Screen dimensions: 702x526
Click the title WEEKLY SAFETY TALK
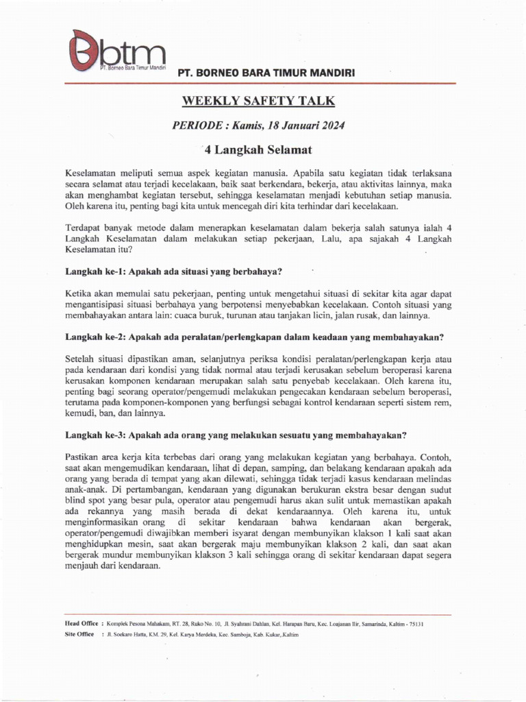tap(258, 101)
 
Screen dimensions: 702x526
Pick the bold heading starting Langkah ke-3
tap(236, 435)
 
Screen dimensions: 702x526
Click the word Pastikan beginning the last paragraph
tap(84, 457)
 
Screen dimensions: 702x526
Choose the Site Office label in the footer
tap(79, 634)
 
